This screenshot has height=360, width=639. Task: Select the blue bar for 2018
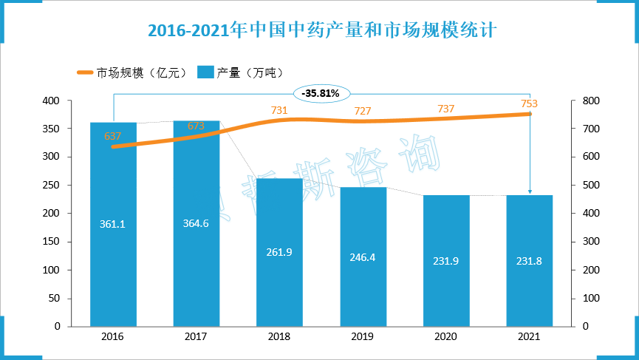click(x=279, y=251)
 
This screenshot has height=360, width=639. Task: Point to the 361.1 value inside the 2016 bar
click(x=113, y=223)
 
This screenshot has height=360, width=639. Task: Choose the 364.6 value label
click(x=196, y=223)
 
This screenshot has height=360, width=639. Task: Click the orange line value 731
click(x=279, y=109)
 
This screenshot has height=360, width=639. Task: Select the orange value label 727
click(x=363, y=111)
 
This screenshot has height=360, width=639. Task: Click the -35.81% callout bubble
click(x=322, y=93)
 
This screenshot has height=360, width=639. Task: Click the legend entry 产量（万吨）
click(x=241, y=72)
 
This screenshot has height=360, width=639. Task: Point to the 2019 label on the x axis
click(x=363, y=336)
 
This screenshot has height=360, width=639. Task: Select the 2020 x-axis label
click(x=445, y=336)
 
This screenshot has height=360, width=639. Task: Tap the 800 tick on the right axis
click(x=581, y=101)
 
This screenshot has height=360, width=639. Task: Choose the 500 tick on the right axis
click(x=581, y=185)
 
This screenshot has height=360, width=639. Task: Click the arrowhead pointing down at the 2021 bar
click(x=529, y=193)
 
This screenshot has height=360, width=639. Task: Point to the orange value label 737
click(x=445, y=109)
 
